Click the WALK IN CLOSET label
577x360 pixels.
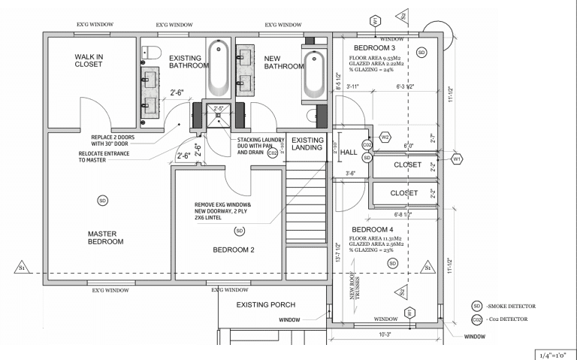(93, 60)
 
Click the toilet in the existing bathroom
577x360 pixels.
(151, 52)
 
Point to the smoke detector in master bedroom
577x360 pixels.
(102, 199)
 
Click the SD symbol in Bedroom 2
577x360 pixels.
(240, 230)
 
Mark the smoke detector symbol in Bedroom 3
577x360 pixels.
(421, 52)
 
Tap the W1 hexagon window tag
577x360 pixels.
(457, 159)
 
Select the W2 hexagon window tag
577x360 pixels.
(385, 138)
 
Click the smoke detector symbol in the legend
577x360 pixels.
(476, 306)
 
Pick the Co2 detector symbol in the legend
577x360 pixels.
(476, 319)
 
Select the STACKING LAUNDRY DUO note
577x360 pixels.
(260, 146)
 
